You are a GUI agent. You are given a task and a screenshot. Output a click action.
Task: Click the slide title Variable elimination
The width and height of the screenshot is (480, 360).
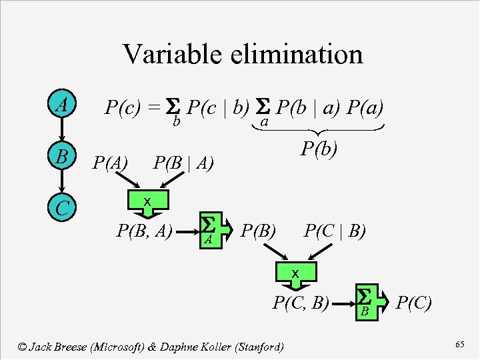click(x=243, y=54)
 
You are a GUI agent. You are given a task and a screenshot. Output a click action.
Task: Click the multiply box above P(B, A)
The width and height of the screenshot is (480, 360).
click(x=148, y=202)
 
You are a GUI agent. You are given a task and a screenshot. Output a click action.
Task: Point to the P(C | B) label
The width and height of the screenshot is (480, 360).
click(x=335, y=231)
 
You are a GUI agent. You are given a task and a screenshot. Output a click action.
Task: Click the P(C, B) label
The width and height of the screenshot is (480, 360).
click(x=302, y=303)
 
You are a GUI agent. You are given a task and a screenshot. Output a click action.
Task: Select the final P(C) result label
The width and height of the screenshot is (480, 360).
click(x=414, y=303)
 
